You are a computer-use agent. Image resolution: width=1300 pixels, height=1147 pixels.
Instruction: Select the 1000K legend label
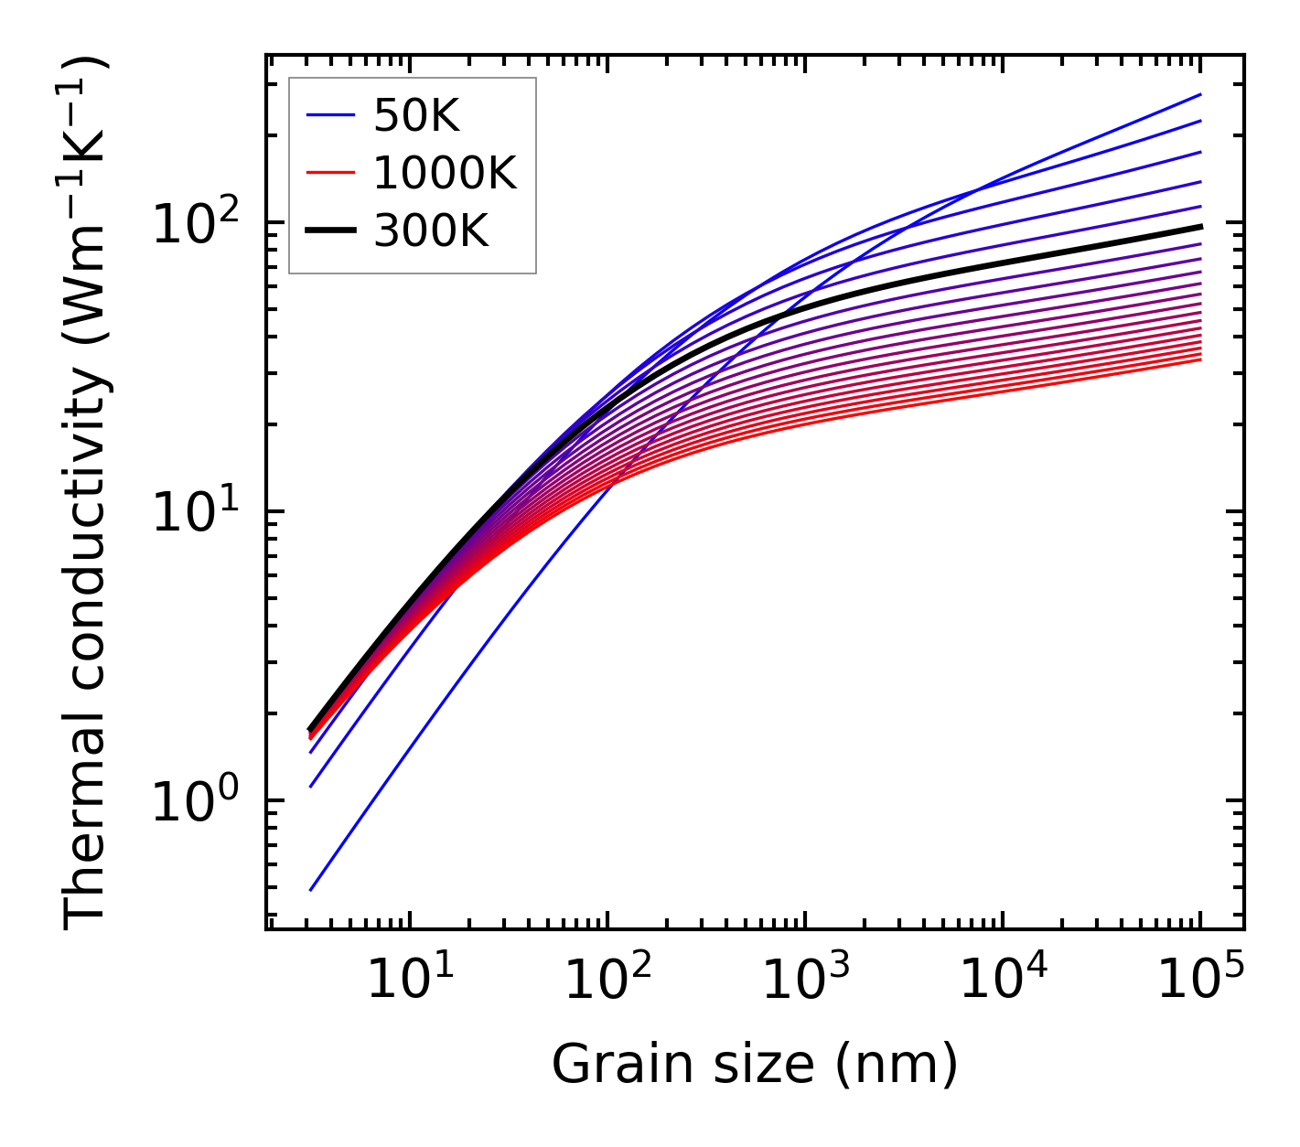point(445,173)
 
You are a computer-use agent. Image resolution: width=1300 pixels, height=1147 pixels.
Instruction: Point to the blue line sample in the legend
point(330,115)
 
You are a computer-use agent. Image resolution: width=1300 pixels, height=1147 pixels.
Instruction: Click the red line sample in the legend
point(330,173)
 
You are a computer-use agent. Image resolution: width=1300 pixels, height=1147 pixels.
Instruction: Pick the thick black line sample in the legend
point(330,231)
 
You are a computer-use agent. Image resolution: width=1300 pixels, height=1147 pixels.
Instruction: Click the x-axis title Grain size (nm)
point(755,1065)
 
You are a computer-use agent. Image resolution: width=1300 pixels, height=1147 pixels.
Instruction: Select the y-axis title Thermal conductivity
point(87,494)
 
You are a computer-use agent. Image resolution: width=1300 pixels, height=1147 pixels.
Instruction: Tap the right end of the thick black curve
point(1199,226)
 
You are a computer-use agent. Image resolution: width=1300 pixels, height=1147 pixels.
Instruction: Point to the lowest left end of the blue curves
point(312,889)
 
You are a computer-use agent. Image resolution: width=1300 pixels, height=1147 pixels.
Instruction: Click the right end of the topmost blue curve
point(1199,94)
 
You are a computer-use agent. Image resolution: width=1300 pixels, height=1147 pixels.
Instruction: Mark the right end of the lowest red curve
point(1199,359)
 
